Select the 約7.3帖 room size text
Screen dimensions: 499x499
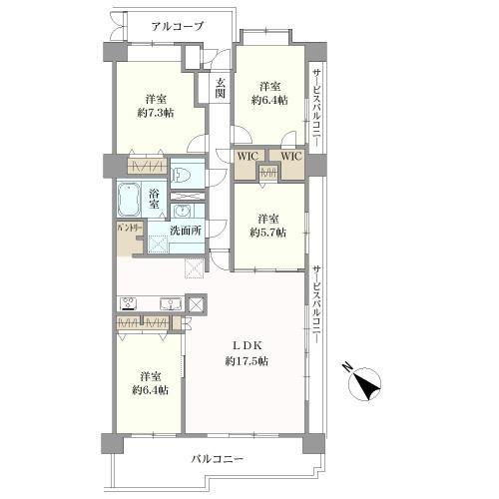(x=154, y=116)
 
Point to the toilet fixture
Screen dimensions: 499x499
(x=182, y=175)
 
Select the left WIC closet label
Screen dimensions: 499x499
(x=247, y=157)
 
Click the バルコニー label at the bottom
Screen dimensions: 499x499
(x=219, y=459)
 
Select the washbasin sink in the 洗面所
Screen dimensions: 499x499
(x=183, y=212)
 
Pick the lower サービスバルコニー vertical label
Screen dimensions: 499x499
(x=315, y=304)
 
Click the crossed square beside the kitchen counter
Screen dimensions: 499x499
(x=196, y=304)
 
